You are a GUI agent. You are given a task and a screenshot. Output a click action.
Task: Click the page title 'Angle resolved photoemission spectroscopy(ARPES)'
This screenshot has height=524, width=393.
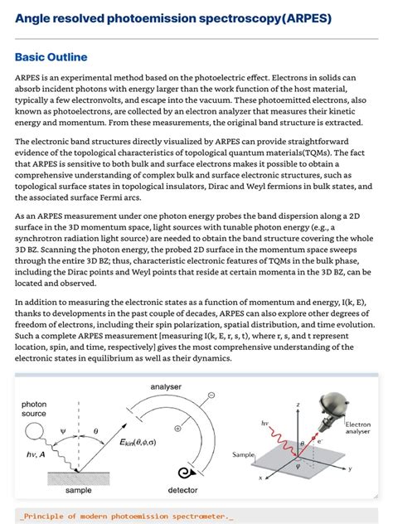173,18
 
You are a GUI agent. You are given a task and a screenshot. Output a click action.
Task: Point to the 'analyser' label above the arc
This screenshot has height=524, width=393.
166,386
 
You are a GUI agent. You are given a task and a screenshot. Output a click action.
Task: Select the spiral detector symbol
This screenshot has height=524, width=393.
184,473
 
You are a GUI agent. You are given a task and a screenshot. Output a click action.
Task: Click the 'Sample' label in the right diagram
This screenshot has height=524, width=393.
243,455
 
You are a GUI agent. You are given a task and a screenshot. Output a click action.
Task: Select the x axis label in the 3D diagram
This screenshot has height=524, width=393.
260,478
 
